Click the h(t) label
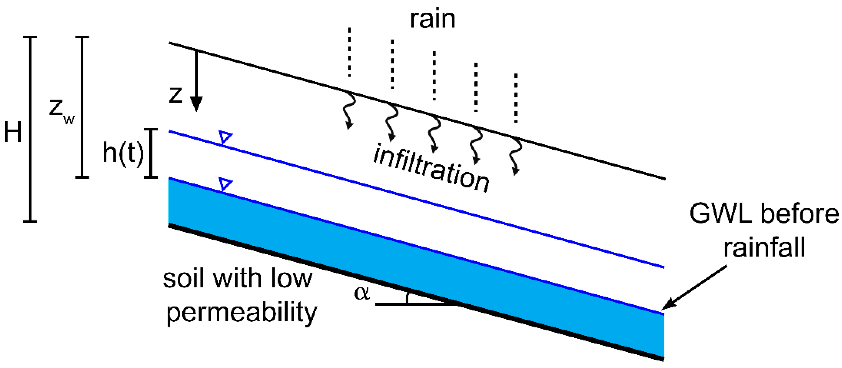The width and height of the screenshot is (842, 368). point(123,153)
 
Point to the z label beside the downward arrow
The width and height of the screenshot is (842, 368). point(176,95)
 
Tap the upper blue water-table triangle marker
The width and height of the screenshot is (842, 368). point(225,136)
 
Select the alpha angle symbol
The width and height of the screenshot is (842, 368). point(362,292)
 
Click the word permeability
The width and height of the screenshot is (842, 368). point(242,312)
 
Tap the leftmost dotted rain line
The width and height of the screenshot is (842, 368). point(349,52)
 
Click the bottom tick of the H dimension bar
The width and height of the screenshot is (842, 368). point(30,221)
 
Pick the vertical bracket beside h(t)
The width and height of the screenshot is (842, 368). point(151,153)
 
